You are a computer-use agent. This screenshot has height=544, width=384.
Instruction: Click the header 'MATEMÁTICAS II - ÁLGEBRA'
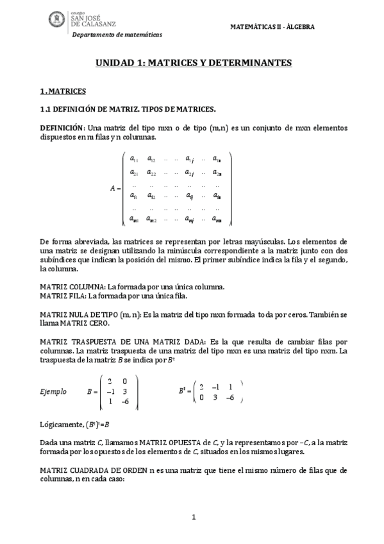pos(272,27)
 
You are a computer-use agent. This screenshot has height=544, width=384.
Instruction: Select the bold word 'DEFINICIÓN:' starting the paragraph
pos(62,128)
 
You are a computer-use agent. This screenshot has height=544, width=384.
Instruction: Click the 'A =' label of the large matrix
pos(115,188)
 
